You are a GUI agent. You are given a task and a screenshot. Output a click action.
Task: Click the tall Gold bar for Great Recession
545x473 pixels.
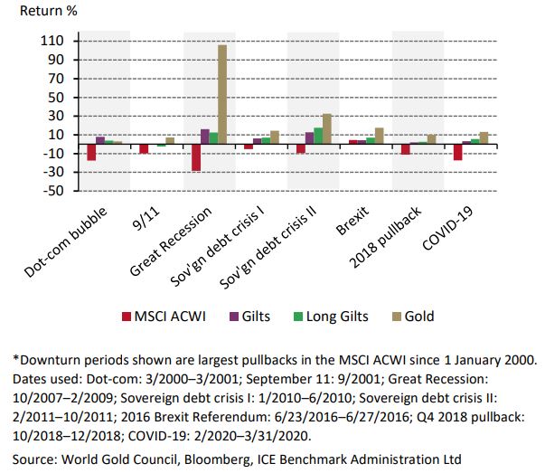pos(222,94)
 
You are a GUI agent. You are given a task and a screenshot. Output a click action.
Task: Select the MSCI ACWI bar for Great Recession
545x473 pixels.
pos(195,156)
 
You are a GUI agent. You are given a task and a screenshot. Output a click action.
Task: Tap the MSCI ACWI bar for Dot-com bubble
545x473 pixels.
pos(91,151)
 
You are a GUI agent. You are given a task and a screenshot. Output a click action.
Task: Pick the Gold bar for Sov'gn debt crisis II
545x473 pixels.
pos(326,128)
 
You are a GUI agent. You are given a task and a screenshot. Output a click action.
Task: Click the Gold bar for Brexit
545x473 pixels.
pos(379,136)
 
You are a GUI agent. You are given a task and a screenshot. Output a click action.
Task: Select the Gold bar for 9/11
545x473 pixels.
pos(170,140)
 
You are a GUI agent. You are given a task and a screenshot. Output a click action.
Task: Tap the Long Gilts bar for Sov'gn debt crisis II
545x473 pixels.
pos(317,135)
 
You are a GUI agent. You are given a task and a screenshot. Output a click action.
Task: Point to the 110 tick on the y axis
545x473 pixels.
pos(52,42)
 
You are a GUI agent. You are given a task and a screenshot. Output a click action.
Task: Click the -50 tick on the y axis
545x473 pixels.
pos(52,192)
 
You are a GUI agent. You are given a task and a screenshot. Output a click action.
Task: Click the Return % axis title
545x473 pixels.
pos(51,14)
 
